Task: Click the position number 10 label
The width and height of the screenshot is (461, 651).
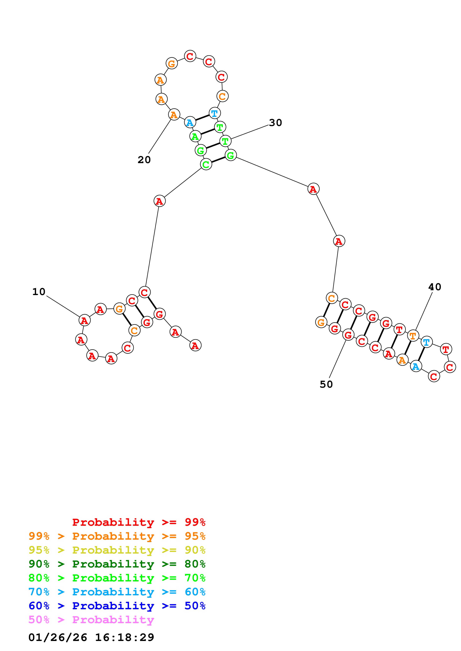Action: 39,292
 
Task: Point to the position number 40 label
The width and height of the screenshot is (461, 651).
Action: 435,287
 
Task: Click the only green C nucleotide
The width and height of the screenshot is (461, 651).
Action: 206,164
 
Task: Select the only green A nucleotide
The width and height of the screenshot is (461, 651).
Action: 195,136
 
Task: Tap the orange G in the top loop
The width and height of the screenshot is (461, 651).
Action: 172,63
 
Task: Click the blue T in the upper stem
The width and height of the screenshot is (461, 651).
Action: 214,113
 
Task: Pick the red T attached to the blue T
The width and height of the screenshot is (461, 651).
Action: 446,349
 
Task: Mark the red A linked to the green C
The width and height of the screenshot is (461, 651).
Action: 159,201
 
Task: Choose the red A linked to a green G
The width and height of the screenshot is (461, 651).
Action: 313,189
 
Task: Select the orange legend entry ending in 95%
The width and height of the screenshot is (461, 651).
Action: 117,536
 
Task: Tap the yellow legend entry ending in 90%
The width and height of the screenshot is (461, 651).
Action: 117,550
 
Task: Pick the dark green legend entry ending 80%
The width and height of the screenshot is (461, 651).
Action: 117,564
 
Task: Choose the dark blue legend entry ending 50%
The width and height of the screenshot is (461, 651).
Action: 117,606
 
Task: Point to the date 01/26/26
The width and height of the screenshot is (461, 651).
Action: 58,637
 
